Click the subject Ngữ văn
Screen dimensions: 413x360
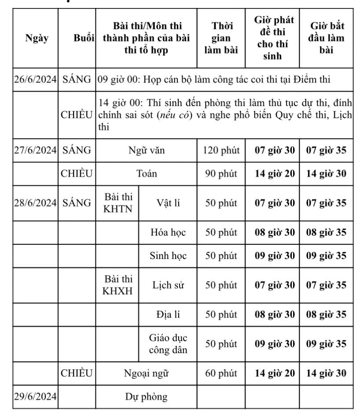[x=147, y=151]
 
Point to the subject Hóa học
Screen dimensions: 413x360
[x=168, y=232]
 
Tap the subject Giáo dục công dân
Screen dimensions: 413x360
[x=168, y=344]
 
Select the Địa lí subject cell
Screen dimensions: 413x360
[x=168, y=315]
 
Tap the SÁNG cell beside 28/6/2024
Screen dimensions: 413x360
[x=77, y=203]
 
